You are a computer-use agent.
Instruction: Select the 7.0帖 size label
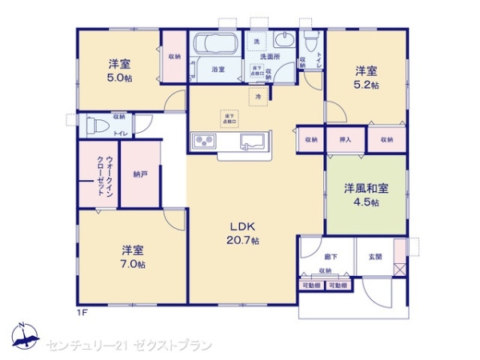click(x=134, y=263)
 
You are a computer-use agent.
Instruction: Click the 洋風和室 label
click(x=366, y=189)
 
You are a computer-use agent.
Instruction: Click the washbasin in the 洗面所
click(x=284, y=42)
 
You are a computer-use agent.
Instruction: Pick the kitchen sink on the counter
click(x=254, y=142)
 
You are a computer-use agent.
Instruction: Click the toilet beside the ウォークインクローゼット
click(x=95, y=126)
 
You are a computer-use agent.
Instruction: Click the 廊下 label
click(x=309, y=256)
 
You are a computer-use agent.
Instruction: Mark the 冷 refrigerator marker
click(x=258, y=97)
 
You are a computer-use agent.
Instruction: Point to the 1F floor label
click(x=82, y=311)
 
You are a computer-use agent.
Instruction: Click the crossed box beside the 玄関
click(x=399, y=270)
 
